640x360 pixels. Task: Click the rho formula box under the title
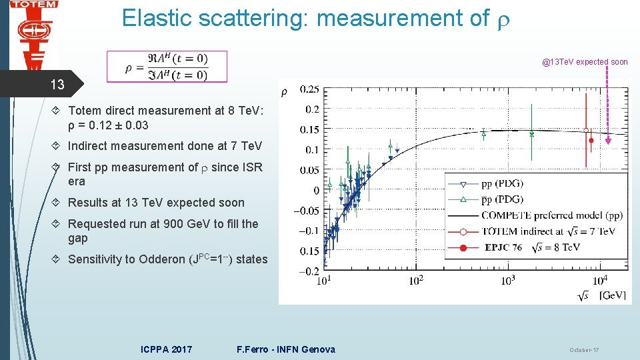(x=167, y=67)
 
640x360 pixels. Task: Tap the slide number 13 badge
(x=58, y=85)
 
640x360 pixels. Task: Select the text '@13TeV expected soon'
(x=585, y=62)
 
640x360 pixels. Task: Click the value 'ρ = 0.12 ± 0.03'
(x=108, y=125)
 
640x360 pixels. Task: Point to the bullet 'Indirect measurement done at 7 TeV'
(x=165, y=146)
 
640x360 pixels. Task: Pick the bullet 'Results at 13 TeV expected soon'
(x=156, y=203)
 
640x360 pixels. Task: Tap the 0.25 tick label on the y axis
(x=309, y=89)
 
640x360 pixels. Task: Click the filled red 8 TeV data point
(x=591, y=141)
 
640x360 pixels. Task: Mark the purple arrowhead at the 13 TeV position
(x=608, y=139)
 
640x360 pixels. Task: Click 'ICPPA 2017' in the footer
(x=167, y=349)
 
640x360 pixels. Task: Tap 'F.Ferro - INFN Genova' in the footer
(x=286, y=349)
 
